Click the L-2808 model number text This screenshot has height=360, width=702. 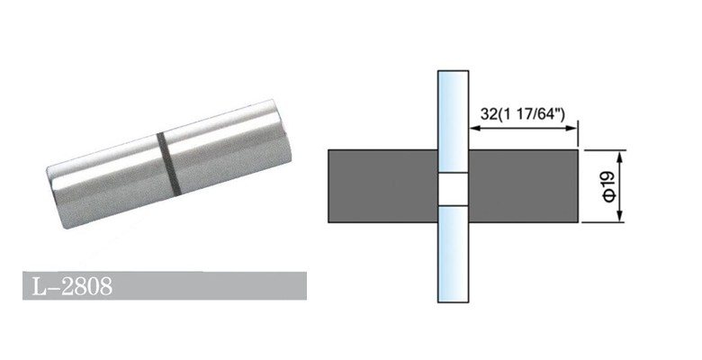pyautogui.click(x=68, y=287)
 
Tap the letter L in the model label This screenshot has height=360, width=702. pyautogui.click(x=36, y=287)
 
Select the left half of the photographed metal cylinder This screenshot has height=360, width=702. pyautogui.click(x=103, y=180)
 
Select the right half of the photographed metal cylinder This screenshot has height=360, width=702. pyautogui.click(x=220, y=148)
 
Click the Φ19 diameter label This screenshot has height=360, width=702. pyautogui.click(x=607, y=186)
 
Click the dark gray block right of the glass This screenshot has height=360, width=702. pyautogui.click(x=523, y=186)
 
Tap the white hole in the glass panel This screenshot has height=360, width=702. pyautogui.click(x=453, y=188)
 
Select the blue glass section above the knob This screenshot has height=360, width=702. pyautogui.click(x=453, y=108)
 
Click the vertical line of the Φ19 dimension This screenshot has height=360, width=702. pyautogui.click(x=619, y=186)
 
